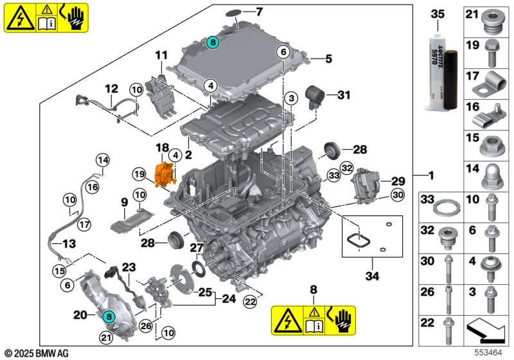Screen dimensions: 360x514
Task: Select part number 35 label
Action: [x=437, y=14]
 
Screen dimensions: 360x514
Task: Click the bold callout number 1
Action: [x=432, y=175]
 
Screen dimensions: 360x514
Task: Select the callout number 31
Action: [x=344, y=96]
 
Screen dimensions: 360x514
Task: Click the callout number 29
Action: [x=398, y=181]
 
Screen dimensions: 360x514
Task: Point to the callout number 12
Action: [x=112, y=89]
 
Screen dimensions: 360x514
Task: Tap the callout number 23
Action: [x=129, y=266]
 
